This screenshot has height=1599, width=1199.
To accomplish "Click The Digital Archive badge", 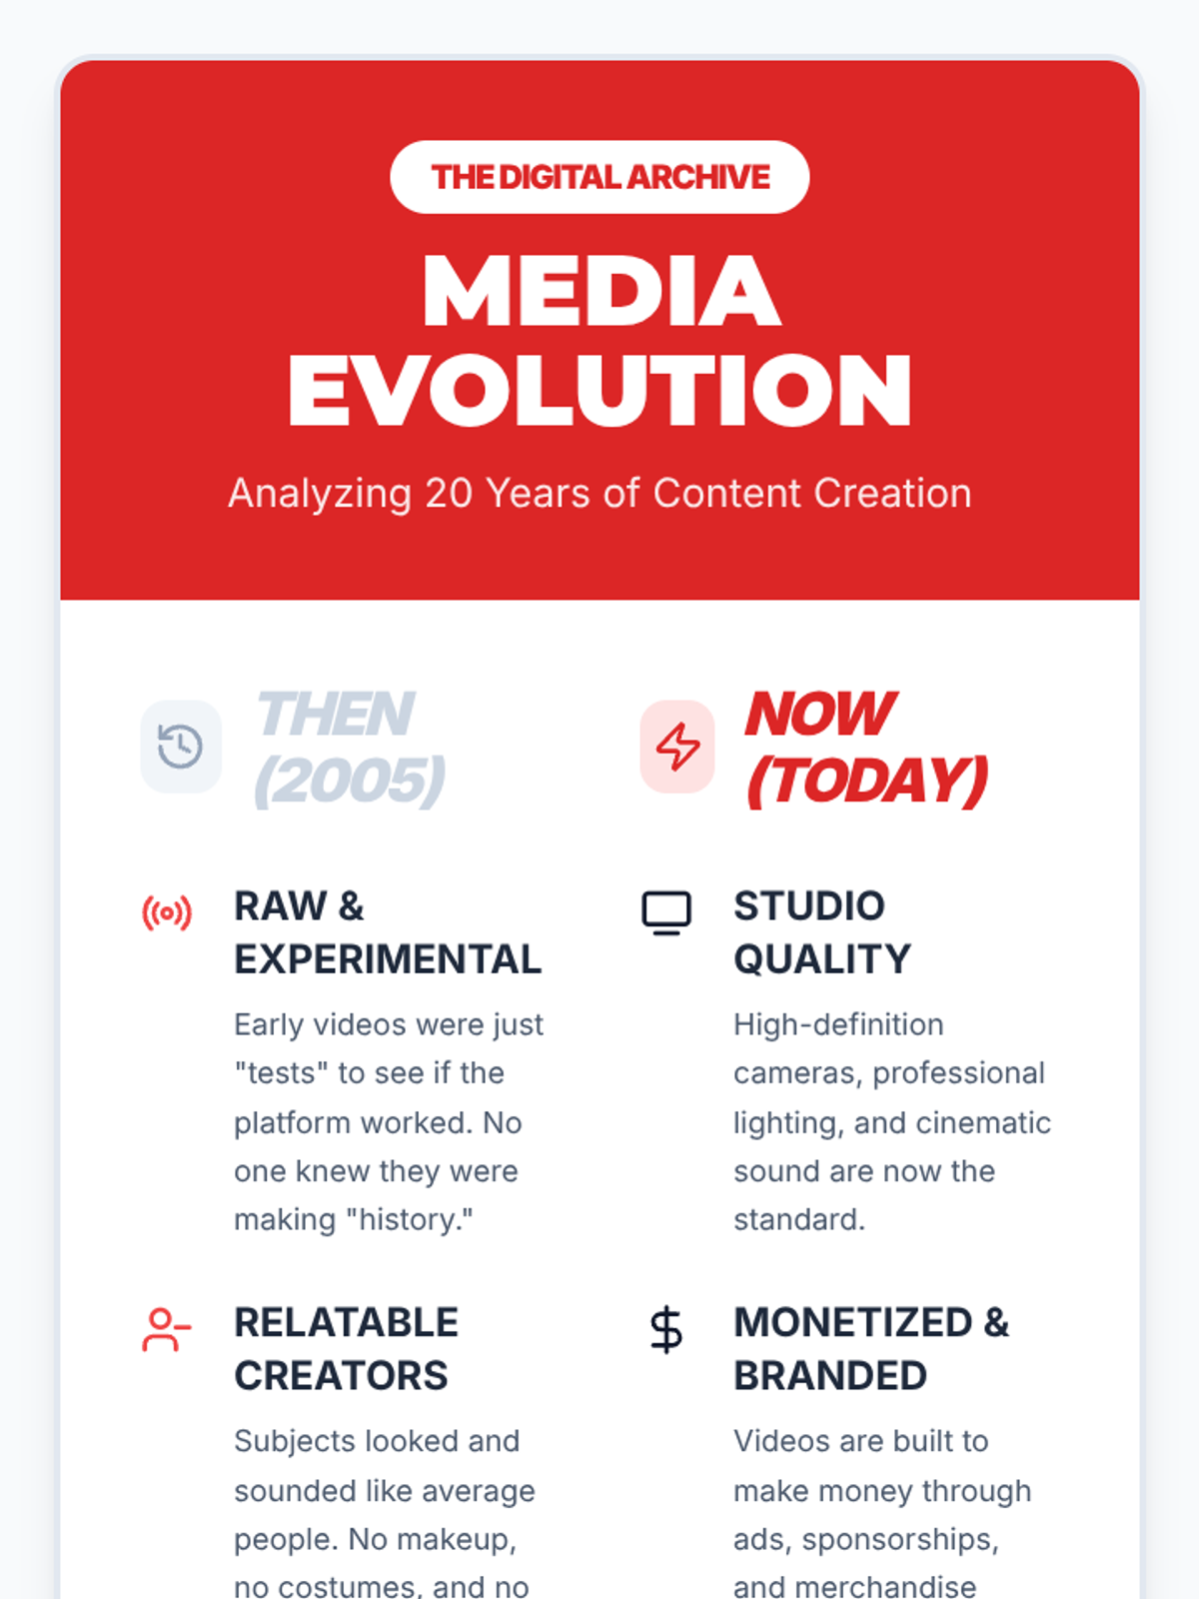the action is pos(599,177).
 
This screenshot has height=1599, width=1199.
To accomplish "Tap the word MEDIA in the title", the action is pos(601,292).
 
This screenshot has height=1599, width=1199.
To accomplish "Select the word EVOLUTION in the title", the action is pos(599,390).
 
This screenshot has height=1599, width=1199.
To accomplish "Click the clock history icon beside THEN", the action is pos(180,746).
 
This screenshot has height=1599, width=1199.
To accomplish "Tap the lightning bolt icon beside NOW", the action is pos(677,746).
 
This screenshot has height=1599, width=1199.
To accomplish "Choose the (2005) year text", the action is pos(350,781).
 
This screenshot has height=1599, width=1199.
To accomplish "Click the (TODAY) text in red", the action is pos(867,781).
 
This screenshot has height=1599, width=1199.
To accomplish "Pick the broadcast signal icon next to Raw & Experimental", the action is pos(167,912).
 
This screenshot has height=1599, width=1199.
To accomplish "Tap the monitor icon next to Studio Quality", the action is pos(666,912).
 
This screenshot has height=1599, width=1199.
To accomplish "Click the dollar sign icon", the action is pos(666,1330).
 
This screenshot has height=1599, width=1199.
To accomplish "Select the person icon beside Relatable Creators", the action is pos(167,1330).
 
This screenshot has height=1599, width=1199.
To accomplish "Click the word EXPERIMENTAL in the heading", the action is pos(388,958).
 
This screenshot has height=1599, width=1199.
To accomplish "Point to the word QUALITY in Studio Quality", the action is pos(822,958).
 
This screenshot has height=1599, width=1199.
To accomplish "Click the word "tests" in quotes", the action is pos(281,1073).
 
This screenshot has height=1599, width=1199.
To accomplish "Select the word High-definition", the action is pos(838,1025).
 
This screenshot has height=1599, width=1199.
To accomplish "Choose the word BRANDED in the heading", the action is pos(830,1375).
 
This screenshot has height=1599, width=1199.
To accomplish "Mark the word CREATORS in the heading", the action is pos(341,1375).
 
